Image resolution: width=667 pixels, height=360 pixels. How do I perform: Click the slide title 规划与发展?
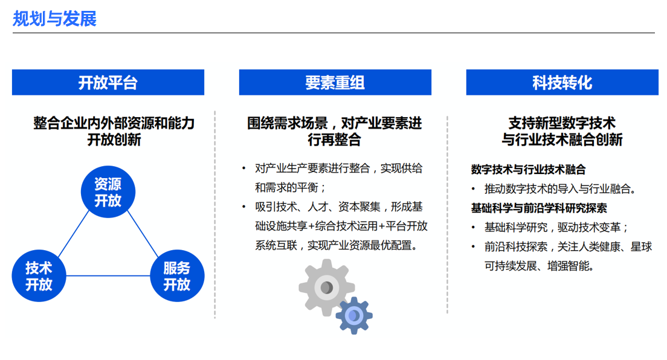(54, 19)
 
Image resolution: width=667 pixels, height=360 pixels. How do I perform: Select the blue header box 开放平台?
(108, 82)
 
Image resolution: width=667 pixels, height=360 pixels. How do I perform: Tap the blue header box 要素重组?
(335, 82)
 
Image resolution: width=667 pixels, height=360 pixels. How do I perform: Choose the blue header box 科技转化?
(562, 82)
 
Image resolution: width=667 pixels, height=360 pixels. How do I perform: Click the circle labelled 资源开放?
(108, 192)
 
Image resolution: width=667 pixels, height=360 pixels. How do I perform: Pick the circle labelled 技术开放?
(39, 276)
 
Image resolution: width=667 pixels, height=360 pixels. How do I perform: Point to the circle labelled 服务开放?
(177, 276)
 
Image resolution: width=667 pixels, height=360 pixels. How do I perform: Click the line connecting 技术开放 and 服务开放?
(108, 276)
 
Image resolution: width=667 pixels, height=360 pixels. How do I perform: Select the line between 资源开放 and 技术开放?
(74, 234)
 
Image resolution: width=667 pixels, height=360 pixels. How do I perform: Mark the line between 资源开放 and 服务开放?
(143, 234)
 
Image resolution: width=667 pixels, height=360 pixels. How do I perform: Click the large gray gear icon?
(326, 288)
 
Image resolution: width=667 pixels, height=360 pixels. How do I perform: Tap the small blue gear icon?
(354, 316)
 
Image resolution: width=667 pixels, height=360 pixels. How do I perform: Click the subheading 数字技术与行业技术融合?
(528, 169)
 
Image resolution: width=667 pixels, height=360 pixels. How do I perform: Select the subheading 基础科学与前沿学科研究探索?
(538, 208)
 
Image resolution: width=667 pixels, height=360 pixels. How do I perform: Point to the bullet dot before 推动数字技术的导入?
(474, 189)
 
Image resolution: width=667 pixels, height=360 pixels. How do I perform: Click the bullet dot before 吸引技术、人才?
(243, 207)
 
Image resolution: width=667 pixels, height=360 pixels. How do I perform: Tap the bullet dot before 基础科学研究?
(474, 228)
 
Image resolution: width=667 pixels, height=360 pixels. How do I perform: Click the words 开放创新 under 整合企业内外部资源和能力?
(114, 140)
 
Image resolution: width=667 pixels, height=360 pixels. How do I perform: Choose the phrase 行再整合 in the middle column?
(334, 140)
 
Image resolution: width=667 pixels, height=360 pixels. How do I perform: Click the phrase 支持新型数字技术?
(562, 123)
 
